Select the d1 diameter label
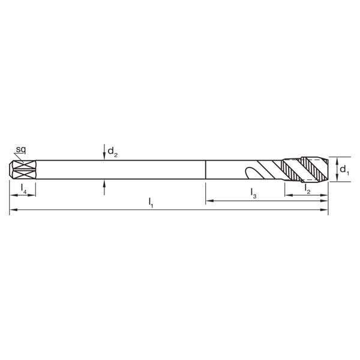344,170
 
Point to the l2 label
307,189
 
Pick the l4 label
22,189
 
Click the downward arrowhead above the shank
104,157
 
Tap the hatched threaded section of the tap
306,169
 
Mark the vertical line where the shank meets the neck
206,169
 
